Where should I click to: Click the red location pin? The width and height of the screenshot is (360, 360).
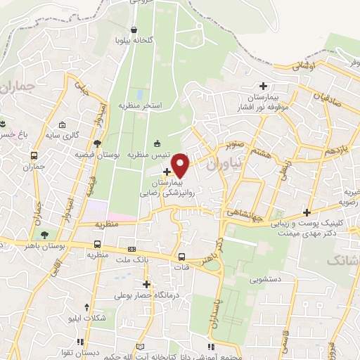[181, 165]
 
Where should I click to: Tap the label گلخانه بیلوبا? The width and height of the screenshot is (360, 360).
[136, 40]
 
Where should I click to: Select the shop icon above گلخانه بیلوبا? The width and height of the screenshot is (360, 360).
[135, 29]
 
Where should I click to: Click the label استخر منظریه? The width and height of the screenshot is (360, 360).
[141, 105]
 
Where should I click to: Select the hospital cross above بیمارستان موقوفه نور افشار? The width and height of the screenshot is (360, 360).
[263, 85]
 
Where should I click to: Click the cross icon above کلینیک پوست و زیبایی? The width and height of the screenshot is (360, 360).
[307, 212]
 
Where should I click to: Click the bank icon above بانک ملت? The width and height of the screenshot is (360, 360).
[131, 250]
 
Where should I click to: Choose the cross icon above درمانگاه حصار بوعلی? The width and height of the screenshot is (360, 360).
[146, 284]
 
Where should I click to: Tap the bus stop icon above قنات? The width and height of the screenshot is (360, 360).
[182, 257]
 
